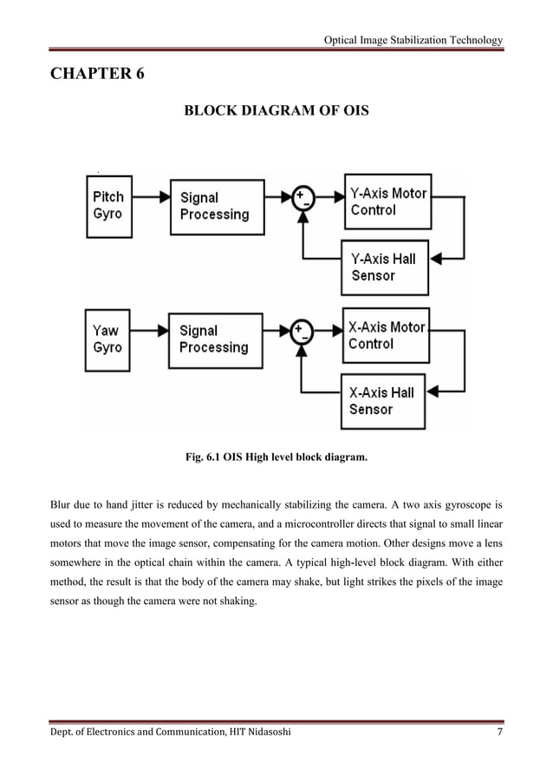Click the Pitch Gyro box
[x=108, y=206]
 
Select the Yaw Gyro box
[x=108, y=339]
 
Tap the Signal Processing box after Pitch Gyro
[x=217, y=207]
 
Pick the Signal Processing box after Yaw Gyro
[x=217, y=339]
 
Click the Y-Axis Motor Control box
[x=387, y=201]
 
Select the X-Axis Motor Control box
[x=387, y=335]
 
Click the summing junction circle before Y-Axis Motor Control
[x=302, y=198]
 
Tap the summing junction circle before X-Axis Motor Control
[x=302, y=331]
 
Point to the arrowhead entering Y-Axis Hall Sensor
[x=436, y=258]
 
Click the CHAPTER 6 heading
[x=97, y=74]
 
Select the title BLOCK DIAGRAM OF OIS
[x=276, y=111]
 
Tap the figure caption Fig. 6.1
[x=276, y=455]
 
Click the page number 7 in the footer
[x=498, y=734]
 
